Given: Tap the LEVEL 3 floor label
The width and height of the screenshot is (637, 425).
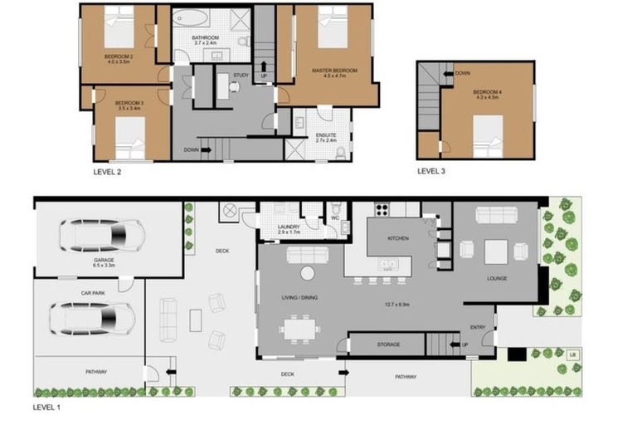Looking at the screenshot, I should coord(430,172).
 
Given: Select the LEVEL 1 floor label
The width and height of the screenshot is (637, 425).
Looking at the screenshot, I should coord(46,408).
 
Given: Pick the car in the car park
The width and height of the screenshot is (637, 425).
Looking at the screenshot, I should coord(92,317).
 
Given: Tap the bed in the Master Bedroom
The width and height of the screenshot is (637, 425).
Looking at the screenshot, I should coord(333,28).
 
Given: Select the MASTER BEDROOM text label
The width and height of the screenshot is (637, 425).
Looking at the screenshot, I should coord(334,71).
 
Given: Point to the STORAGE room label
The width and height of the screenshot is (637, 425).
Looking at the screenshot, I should coord(388,344).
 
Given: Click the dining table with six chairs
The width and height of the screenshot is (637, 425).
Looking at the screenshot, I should coord(299,329).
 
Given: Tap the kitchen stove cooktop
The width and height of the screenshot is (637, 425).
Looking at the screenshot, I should coord(383,209).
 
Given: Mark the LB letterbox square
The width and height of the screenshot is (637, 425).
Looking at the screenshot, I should coord(572,354).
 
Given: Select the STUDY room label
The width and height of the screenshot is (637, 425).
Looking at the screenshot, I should coord(241,76).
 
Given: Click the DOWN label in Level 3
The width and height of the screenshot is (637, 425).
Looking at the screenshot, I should coord(462,73).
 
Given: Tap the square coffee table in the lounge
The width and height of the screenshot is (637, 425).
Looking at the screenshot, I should coord(497,250).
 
